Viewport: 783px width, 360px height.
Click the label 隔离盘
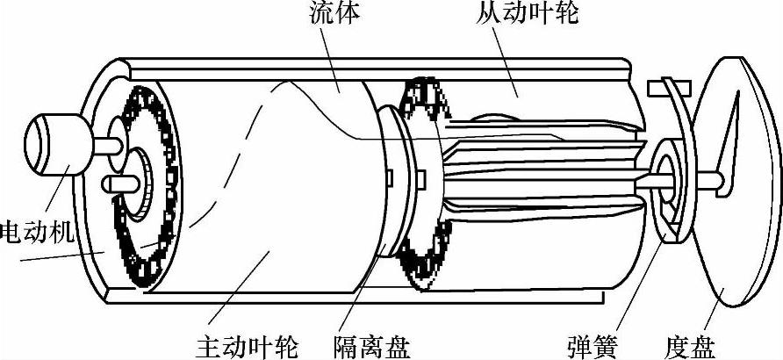(374, 342)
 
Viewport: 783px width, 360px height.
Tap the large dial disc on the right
(737, 184)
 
